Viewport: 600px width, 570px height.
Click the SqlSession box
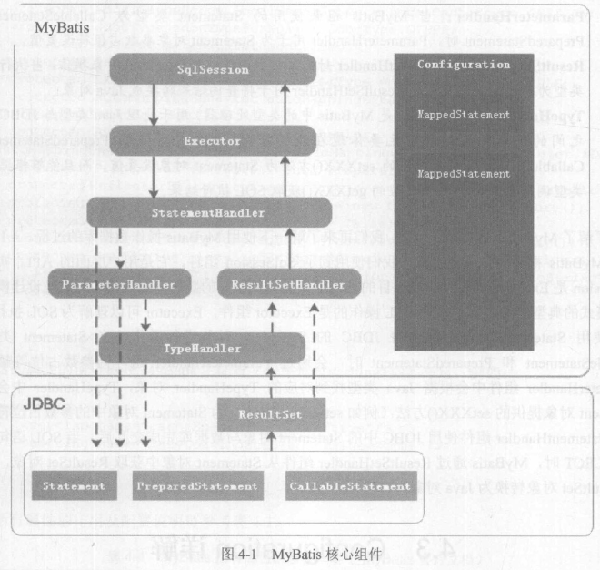(x=212, y=70)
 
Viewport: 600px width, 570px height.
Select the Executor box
(x=212, y=142)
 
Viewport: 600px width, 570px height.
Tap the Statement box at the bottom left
(x=73, y=486)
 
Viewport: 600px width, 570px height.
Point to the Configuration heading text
(x=463, y=66)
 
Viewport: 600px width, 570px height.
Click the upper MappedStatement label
(x=463, y=116)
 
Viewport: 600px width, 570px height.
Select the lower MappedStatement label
(x=463, y=173)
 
